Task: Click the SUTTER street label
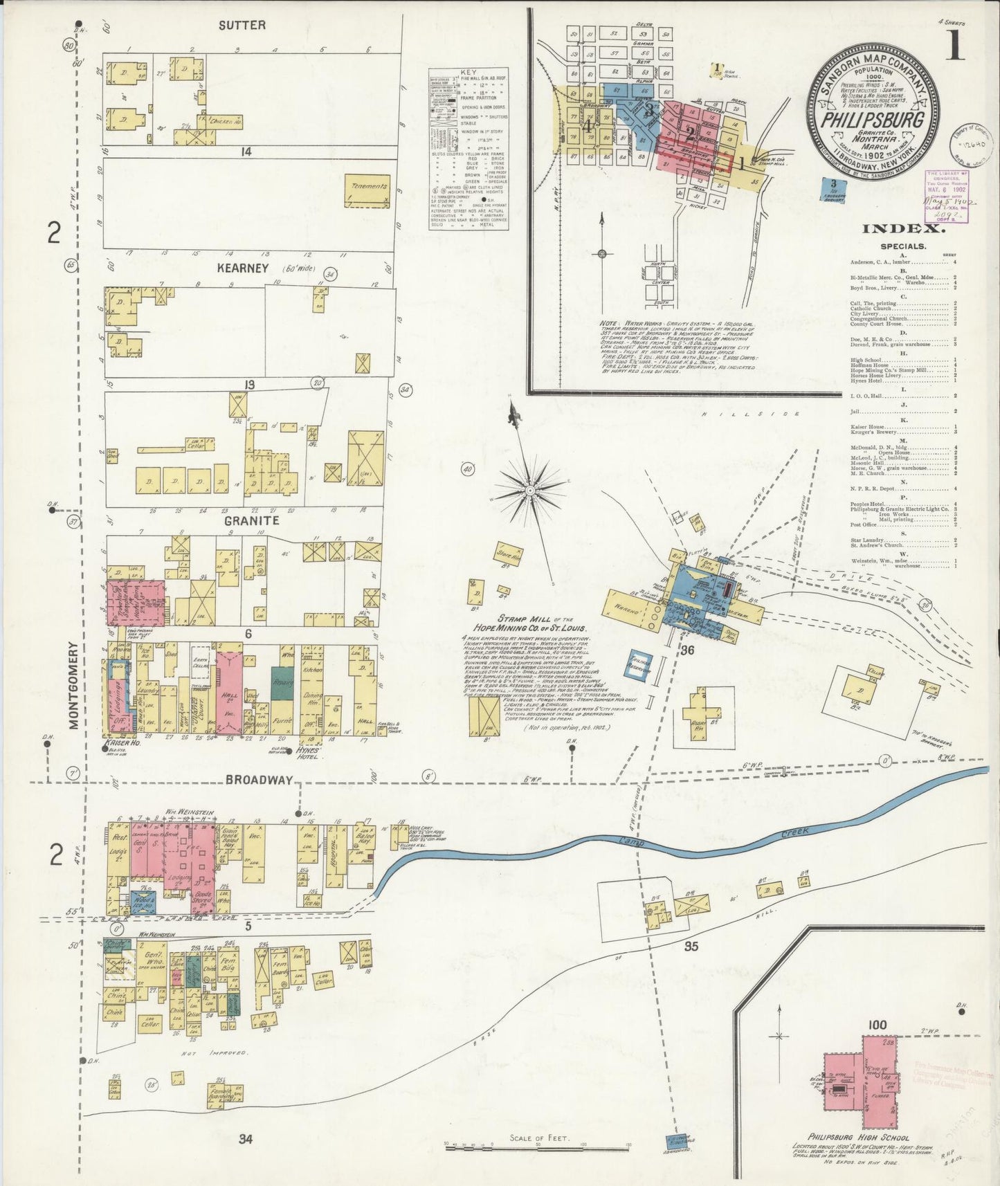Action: point(242,25)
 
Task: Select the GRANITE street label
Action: point(251,520)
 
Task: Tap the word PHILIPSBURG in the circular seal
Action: point(873,118)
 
